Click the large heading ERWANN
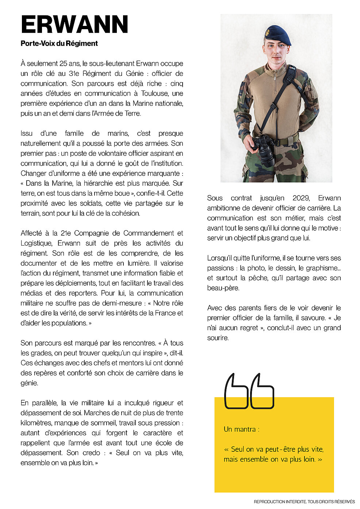[x=74, y=25]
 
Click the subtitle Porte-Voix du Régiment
[x=59, y=43]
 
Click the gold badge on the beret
[x=267, y=32]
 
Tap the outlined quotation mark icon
[x=249, y=391]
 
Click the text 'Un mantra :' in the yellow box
[x=241, y=429]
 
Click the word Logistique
[x=36, y=243]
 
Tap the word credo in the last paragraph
[x=91, y=453]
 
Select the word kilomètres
[x=37, y=423]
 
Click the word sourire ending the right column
[x=218, y=338]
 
